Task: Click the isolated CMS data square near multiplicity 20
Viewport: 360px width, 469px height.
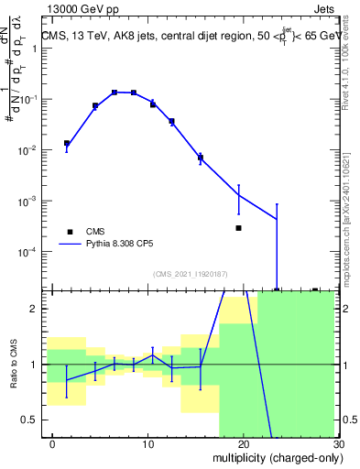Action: [238, 228]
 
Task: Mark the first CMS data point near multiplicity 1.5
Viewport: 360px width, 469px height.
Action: [65, 143]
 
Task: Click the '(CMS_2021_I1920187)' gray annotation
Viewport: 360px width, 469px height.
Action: [191, 273]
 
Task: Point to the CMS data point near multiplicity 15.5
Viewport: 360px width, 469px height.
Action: [200, 158]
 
